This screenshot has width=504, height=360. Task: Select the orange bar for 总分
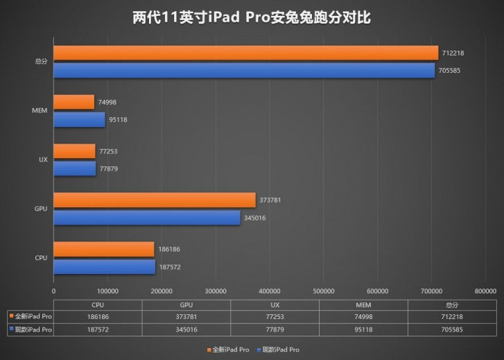(x=245, y=53)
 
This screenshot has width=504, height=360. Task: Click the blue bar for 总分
(x=244, y=70)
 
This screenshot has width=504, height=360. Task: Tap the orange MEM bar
(x=73, y=102)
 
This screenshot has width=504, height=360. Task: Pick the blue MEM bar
(x=79, y=119)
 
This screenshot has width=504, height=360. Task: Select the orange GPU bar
(x=154, y=200)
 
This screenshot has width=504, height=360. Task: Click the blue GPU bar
(x=146, y=218)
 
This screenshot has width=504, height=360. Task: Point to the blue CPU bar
(x=104, y=267)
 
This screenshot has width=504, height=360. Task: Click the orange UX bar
(x=74, y=151)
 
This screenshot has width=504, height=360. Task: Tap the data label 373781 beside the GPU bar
(x=270, y=200)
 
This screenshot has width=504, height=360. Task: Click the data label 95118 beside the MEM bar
(x=118, y=120)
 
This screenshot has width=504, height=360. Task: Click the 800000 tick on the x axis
(x=485, y=291)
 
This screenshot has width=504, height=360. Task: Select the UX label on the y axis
(x=43, y=160)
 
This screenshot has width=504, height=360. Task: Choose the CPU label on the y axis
(x=42, y=258)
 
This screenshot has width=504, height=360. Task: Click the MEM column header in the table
(x=363, y=304)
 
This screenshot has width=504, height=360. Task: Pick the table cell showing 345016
(x=186, y=329)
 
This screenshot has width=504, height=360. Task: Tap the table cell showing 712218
(x=451, y=316)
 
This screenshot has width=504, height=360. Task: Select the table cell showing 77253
(x=275, y=316)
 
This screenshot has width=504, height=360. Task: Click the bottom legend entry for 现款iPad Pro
(x=281, y=350)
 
